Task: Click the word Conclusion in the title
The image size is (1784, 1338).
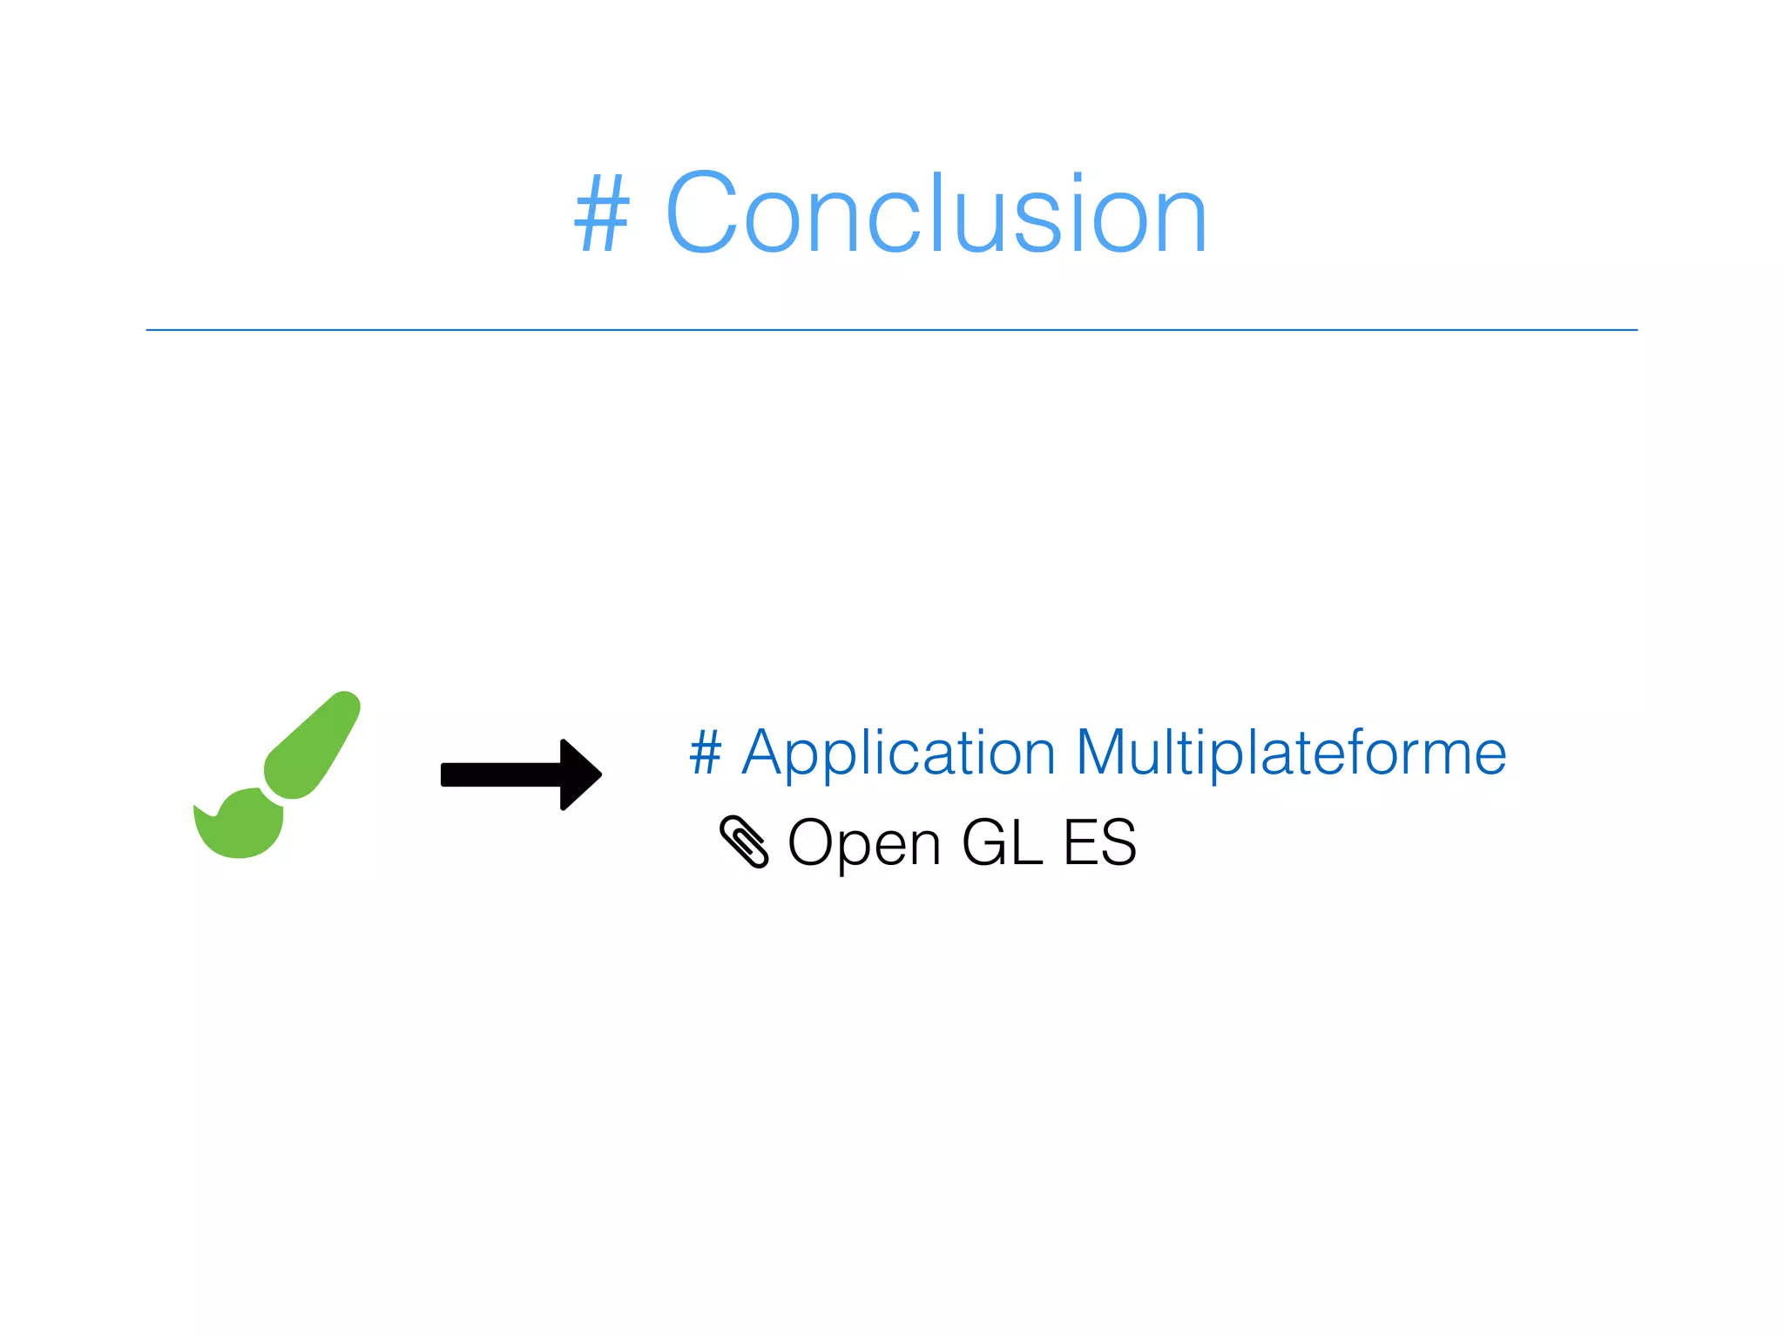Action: pyautogui.click(x=936, y=214)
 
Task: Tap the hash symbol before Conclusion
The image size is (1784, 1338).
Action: pyautogui.click(x=601, y=214)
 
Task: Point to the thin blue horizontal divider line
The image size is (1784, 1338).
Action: pyautogui.click(x=891, y=330)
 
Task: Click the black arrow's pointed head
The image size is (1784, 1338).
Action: pyautogui.click(x=579, y=774)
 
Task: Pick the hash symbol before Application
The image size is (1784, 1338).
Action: pyautogui.click(x=706, y=753)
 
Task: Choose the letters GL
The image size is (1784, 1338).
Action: pyautogui.click(x=1002, y=843)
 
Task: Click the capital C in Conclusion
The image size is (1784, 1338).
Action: pyautogui.click(x=701, y=214)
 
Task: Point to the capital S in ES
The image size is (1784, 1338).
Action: pyautogui.click(x=1118, y=843)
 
